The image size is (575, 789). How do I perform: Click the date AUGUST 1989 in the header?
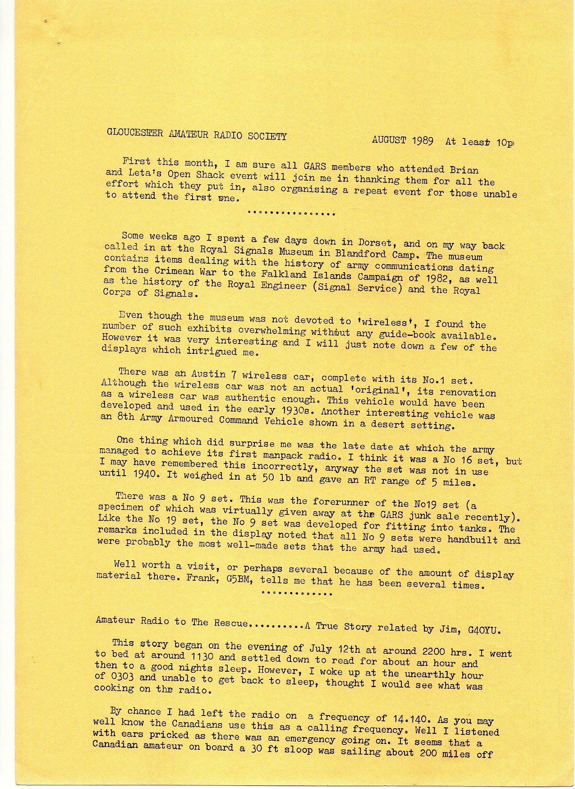point(403,140)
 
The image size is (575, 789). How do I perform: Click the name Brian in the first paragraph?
point(465,170)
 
